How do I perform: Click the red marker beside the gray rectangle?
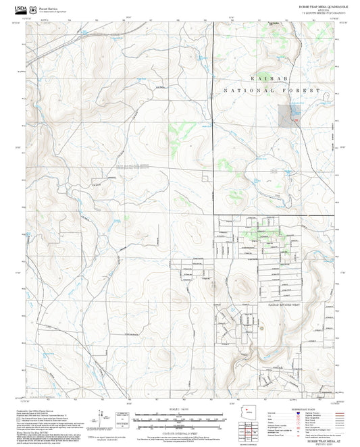pyautogui.click(x=296, y=120)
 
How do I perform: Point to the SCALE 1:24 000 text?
pyautogui.click(x=180, y=408)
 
